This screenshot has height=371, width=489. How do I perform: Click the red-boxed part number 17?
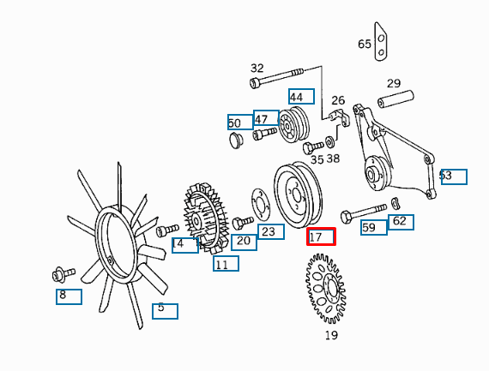[321, 236]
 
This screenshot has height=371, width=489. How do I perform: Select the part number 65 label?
[365, 44]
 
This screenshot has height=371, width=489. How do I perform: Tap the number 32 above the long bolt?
[257, 68]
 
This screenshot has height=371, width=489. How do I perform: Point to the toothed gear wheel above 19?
[326, 289]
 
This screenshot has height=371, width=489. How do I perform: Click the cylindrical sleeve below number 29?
[395, 99]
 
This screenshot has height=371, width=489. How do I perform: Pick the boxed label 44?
[301, 97]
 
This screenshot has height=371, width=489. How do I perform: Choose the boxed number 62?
[401, 222]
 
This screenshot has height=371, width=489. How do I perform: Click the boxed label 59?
[374, 227]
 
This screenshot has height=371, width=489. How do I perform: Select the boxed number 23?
[271, 231]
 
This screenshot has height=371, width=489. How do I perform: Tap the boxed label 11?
[226, 264]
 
